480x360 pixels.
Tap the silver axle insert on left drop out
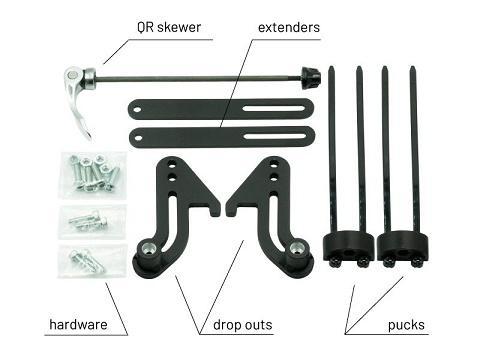[148, 249]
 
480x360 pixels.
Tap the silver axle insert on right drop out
[296, 249]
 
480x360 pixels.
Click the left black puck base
[344, 248]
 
